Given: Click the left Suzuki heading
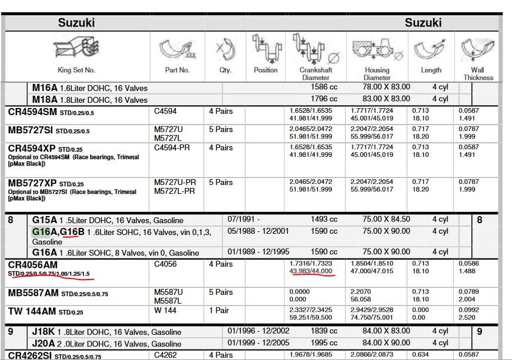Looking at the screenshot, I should click(76, 23).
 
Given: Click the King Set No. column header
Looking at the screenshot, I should click(76, 70).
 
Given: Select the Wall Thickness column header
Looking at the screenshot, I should click(477, 73).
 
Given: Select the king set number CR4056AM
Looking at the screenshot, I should click(34, 265).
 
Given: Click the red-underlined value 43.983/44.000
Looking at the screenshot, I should click(311, 271).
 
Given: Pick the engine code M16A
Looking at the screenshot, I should click(44, 88).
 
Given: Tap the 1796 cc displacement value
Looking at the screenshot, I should click(324, 99).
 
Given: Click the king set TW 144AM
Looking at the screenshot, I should click(33, 311).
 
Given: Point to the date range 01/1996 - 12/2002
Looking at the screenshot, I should click(258, 332).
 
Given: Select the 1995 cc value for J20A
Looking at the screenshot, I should click(324, 343).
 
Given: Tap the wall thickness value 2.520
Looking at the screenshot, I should click(467, 317).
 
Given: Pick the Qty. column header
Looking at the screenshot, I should click(225, 70).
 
